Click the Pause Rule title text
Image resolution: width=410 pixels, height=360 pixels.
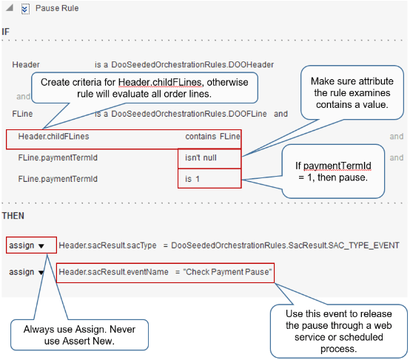(x=57, y=9)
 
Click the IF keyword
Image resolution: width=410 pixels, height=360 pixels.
(x=7, y=32)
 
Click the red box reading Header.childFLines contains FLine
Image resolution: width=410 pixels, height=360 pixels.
(x=124, y=137)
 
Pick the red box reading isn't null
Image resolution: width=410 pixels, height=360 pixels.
(x=209, y=157)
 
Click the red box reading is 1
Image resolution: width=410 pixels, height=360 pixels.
(x=209, y=178)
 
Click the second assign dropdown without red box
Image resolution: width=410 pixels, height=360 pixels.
(x=26, y=272)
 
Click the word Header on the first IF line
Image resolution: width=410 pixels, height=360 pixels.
(x=26, y=65)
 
